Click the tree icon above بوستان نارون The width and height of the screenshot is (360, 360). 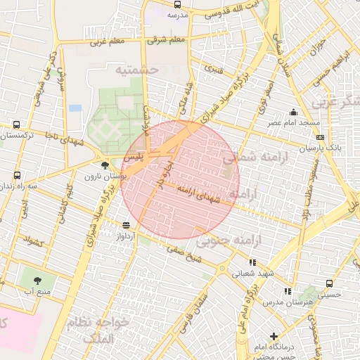(x=105, y=165)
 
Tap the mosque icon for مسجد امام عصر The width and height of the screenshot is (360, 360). (x=293, y=112)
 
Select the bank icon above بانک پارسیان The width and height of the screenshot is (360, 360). (x=321, y=138)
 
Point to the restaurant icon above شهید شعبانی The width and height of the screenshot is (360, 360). (x=252, y=262)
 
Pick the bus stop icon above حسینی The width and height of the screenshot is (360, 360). (x=329, y=283)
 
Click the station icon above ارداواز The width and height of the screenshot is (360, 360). (x=126, y=225)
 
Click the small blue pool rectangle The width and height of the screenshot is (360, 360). (x=75, y=108)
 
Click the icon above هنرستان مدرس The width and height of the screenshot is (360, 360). (x=287, y=290)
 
